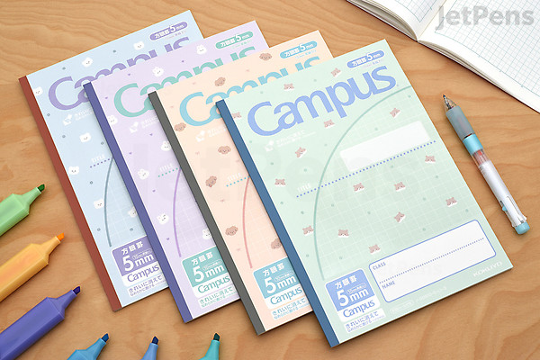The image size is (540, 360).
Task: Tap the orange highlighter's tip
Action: [x=58, y=238]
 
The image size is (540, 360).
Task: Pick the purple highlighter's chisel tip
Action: [x=76, y=291]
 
